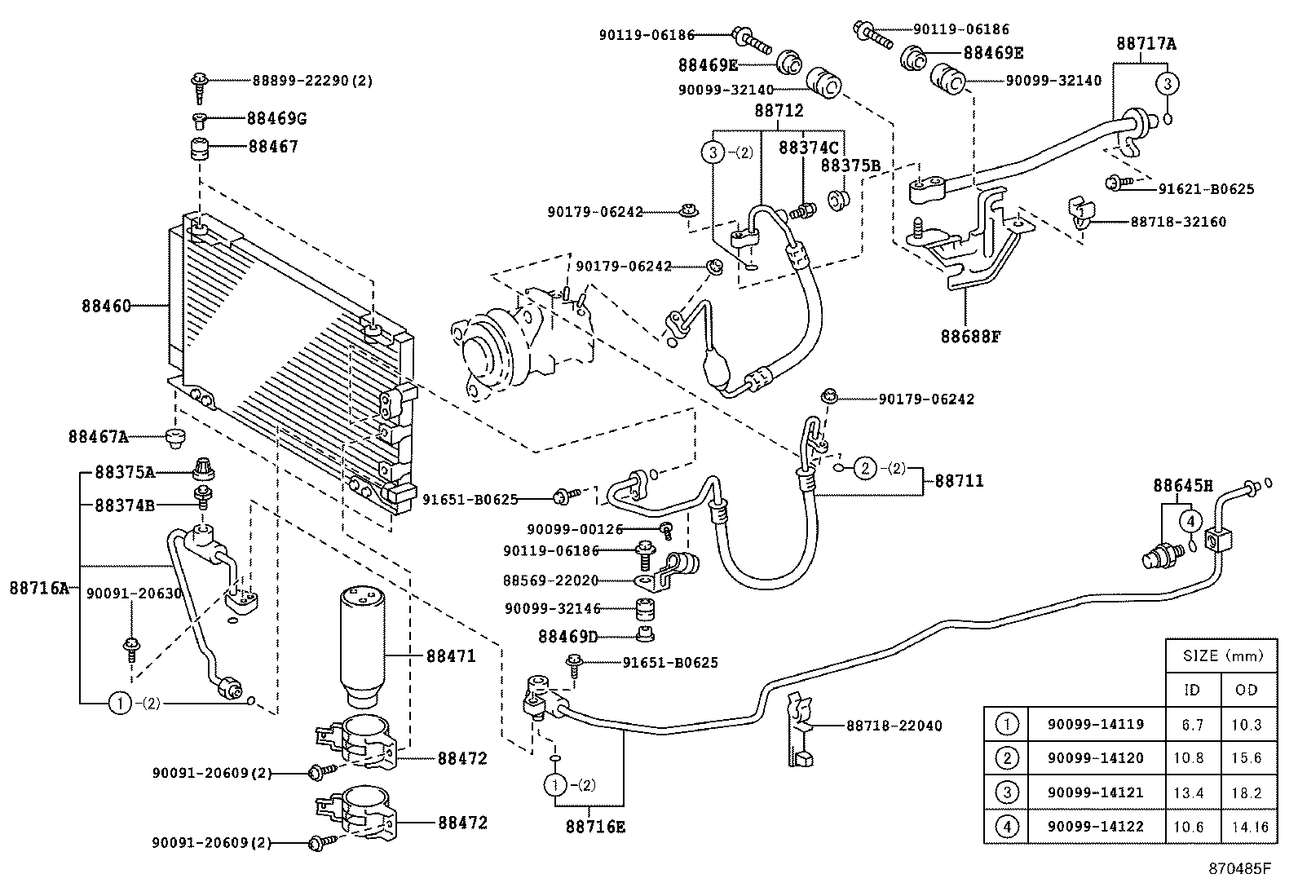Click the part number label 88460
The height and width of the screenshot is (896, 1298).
coord(106,307)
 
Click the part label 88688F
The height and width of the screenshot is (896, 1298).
coord(969,336)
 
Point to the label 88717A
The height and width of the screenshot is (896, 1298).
coord(1146,44)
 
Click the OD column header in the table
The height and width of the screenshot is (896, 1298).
coord(1246,690)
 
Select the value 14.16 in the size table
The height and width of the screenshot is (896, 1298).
coord(1249,827)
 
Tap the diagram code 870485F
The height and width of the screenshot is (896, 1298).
coord(1239,868)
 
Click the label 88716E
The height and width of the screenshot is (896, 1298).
coord(595,827)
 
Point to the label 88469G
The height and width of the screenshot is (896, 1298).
coord(276,119)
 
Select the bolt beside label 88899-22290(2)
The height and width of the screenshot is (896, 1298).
coord(200,84)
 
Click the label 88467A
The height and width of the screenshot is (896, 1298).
coord(98,437)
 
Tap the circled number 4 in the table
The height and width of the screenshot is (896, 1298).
coord(1008,827)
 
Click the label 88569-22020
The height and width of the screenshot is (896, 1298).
coord(550,580)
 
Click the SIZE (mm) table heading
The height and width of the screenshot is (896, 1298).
coord(1221,655)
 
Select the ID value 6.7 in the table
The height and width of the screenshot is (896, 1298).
coord(1192,724)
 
